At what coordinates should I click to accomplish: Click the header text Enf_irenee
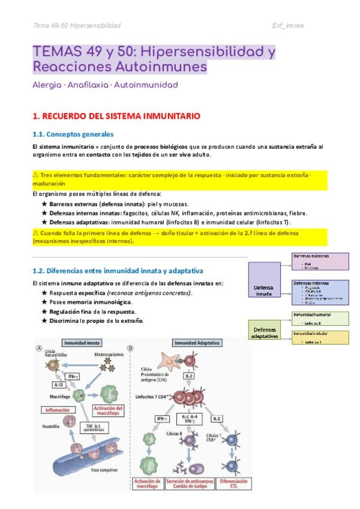click(287, 25)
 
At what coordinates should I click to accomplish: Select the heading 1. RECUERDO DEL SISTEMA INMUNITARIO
click(116, 115)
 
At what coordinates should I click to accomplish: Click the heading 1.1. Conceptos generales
click(73, 134)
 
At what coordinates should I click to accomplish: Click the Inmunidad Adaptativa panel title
click(197, 343)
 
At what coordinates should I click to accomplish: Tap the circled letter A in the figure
click(39, 348)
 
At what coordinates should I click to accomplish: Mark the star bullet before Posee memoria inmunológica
click(44, 301)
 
